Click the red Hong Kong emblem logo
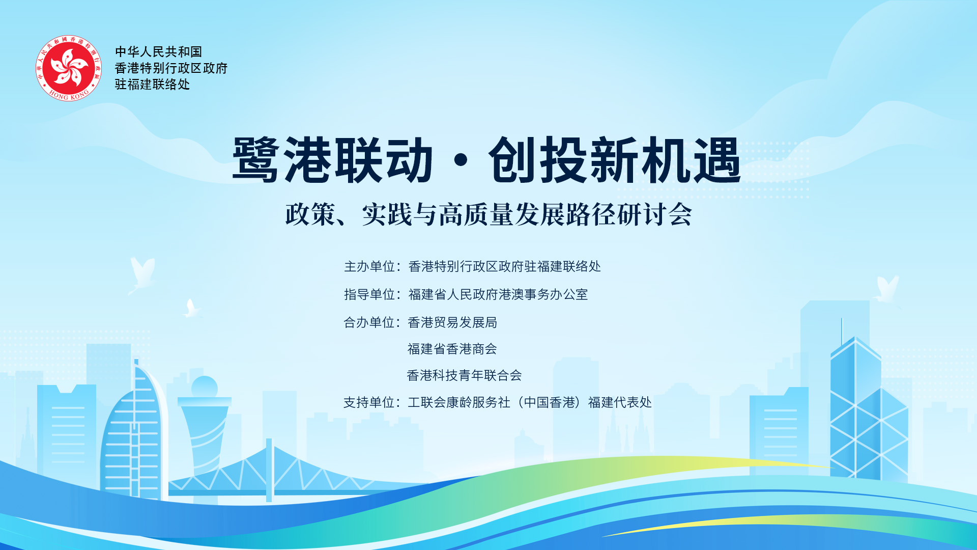coord(69,68)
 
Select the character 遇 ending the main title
coord(717,160)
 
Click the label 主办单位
coord(369,266)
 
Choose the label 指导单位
coord(369,294)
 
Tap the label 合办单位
coord(369,322)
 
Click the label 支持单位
coord(369,402)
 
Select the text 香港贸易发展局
coord(452,322)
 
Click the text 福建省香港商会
coord(452,349)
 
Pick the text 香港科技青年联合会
coord(465,375)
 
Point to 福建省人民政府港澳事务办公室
coord(498,294)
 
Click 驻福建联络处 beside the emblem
coord(152,85)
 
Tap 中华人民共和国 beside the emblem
coord(159,51)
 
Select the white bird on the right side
coord(887,290)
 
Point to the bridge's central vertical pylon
coord(269,470)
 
